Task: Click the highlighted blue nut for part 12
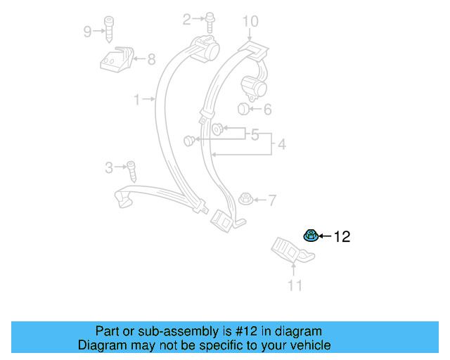[x=309, y=235]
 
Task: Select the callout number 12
[x=341, y=237]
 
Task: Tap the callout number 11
[x=295, y=285]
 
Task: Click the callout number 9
[x=87, y=31]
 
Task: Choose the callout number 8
[x=151, y=60]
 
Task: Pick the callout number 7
[x=271, y=200]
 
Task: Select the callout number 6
[x=267, y=109]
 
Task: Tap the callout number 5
[x=255, y=133]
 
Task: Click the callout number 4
[x=281, y=145]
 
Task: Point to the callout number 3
[x=109, y=167]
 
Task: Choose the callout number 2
[x=186, y=20]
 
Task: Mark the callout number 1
[x=137, y=100]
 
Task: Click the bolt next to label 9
[x=109, y=29]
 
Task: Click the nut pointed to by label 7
[x=245, y=200]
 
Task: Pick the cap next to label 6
[x=243, y=108]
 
